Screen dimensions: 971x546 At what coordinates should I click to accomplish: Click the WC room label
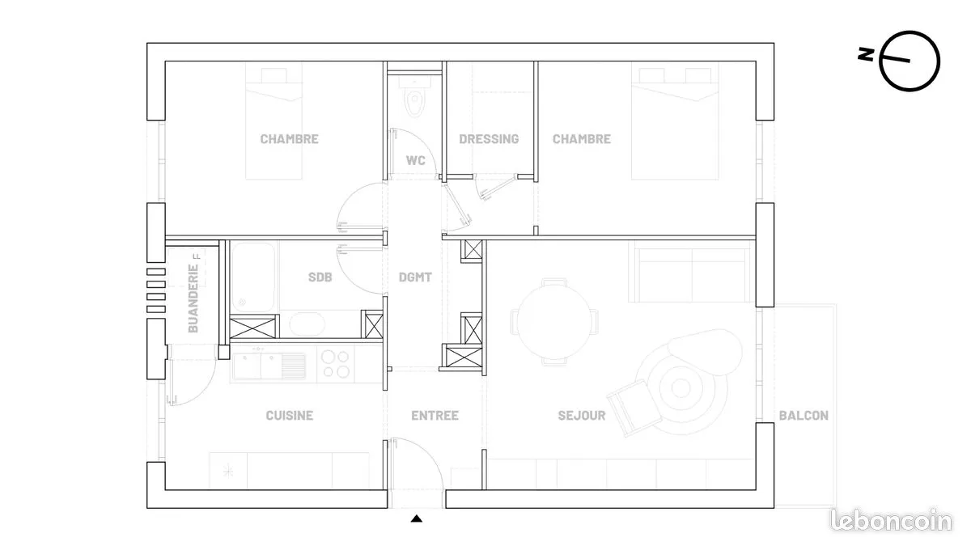click(x=415, y=161)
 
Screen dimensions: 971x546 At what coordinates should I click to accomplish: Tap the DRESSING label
click(x=489, y=139)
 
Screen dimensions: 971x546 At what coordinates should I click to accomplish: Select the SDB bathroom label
click(x=320, y=277)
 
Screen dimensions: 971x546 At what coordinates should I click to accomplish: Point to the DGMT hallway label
click(x=415, y=277)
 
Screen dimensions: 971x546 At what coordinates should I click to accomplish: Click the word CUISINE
click(x=289, y=416)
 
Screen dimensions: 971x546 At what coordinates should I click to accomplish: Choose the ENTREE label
click(x=435, y=416)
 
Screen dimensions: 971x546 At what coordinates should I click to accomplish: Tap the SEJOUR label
click(x=581, y=416)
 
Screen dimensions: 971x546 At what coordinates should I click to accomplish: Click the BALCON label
click(x=804, y=416)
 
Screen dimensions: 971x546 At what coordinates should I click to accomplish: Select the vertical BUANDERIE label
click(x=193, y=298)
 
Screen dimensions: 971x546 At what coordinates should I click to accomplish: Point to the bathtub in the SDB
click(x=252, y=277)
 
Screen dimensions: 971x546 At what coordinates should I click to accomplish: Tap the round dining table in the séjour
click(x=554, y=321)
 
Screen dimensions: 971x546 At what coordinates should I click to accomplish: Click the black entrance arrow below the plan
click(x=417, y=518)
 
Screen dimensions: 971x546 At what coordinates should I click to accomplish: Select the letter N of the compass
click(x=866, y=55)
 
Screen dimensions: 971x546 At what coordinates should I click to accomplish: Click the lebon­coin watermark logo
click(x=891, y=520)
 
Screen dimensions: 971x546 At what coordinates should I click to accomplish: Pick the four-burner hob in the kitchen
click(x=336, y=365)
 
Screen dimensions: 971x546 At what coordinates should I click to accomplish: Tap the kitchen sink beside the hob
click(x=269, y=366)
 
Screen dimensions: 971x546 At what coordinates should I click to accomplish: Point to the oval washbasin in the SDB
click(x=307, y=324)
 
